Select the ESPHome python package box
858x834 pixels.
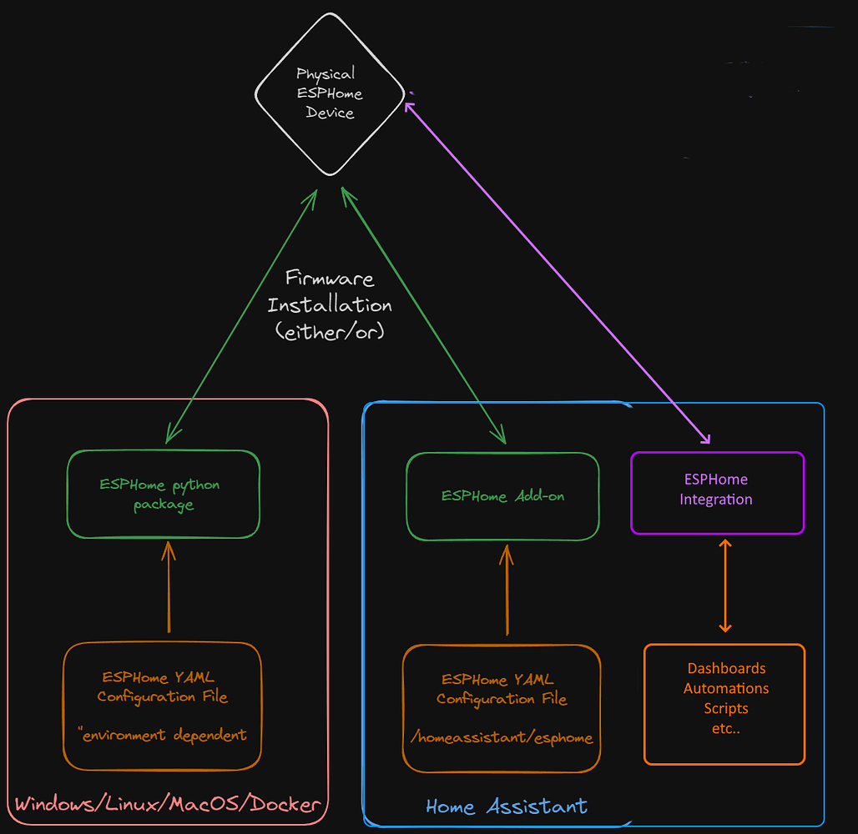click(164, 495)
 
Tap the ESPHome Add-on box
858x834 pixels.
click(502, 496)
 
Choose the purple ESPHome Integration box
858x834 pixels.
click(717, 491)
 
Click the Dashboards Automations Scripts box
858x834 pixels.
click(724, 704)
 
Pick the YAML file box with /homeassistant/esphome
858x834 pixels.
click(502, 708)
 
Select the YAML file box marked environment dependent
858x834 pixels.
click(163, 706)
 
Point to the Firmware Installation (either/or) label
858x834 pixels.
click(330, 304)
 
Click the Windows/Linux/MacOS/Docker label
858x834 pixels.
click(168, 805)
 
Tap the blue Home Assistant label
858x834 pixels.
click(507, 806)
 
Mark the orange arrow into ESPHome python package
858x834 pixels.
click(169, 587)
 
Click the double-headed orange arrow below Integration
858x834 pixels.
click(724, 585)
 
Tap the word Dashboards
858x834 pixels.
click(726, 669)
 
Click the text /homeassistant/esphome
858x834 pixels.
click(502, 737)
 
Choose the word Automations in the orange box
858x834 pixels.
click(726, 689)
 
